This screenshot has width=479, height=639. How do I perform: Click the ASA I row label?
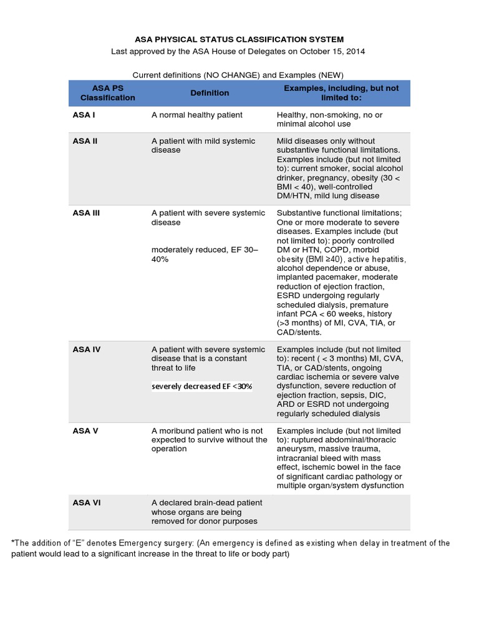point(84,115)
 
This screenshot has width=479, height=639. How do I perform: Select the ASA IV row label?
point(86,349)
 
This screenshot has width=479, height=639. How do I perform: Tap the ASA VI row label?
point(86,503)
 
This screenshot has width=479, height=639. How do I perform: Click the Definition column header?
point(210,93)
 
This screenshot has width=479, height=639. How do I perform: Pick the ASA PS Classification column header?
point(107,93)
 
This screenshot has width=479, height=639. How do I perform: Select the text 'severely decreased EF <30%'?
point(201,386)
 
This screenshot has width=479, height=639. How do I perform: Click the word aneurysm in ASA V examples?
point(296,449)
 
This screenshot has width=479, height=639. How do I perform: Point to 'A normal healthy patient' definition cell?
point(197,115)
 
